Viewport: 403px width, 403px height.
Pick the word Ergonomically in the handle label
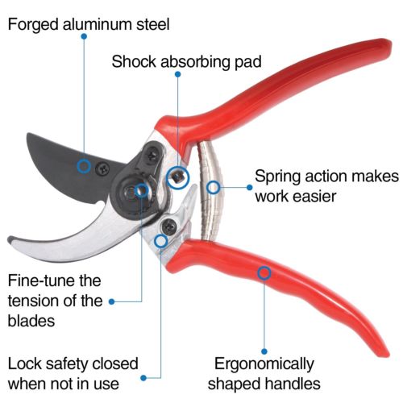(x=267, y=364)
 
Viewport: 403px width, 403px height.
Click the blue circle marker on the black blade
(x=83, y=166)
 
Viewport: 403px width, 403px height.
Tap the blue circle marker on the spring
(x=213, y=188)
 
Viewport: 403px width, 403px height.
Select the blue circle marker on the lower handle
(x=264, y=273)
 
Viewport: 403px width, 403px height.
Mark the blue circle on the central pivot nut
(x=142, y=191)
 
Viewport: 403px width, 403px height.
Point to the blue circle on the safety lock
(x=161, y=239)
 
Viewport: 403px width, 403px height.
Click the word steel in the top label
(x=150, y=24)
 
